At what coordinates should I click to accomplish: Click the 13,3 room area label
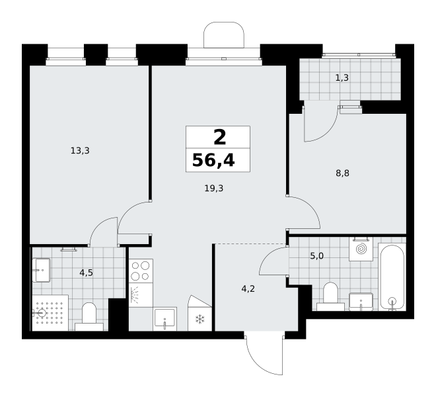click(80, 151)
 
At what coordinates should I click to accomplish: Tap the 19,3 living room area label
click(214, 189)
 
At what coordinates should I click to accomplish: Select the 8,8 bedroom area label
click(343, 173)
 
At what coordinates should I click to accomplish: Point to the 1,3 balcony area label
click(342, 77)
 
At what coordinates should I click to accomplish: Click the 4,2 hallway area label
click(248, 289)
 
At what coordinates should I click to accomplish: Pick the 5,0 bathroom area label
click(317, 256)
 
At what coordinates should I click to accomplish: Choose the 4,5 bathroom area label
click(86, 273)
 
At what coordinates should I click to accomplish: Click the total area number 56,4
click(213, 161)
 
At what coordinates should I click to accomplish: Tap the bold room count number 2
click(220, 138)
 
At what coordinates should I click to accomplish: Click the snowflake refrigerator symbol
click(200, 320)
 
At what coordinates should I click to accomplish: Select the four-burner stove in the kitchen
click(141, 271)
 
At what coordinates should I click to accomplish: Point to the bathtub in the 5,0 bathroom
click(392, 277)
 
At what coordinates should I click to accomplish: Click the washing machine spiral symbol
click(361, 249)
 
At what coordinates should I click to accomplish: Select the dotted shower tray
click(50, 313)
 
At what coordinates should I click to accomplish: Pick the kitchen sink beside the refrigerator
click(165, 319)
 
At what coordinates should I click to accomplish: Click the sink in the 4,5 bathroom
click(42, 270)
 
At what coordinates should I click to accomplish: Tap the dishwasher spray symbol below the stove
click(136, 295)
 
